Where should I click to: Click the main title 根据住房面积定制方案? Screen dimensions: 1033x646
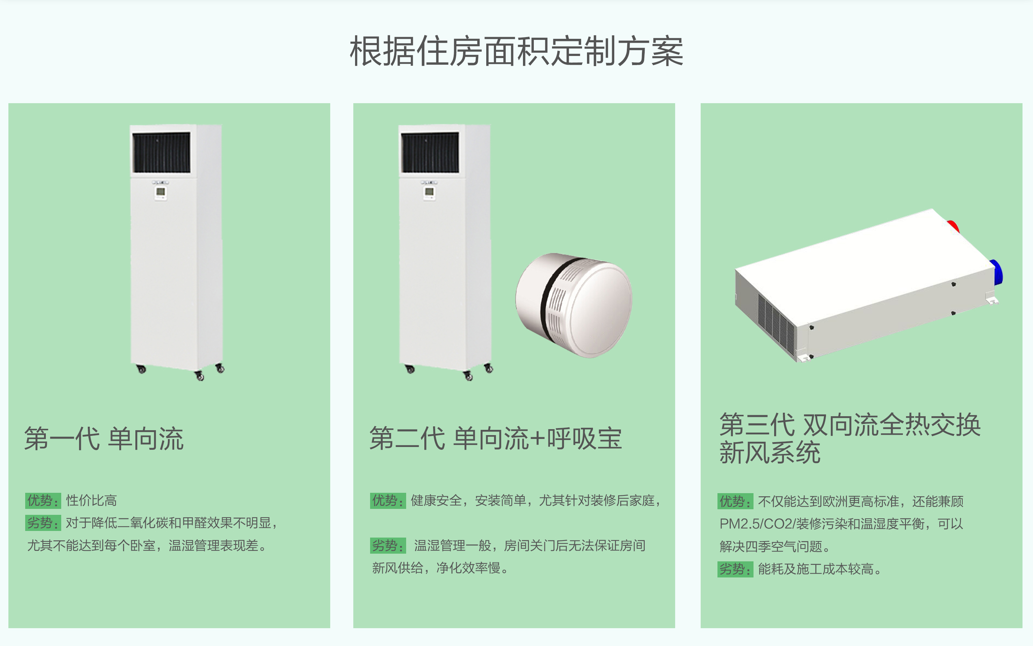tap(516, 51)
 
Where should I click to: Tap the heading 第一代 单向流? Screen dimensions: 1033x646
tap(104, 438)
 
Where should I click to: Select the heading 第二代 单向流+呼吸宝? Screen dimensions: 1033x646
tap(496, 438)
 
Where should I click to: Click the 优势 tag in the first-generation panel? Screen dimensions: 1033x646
tap(43, 500)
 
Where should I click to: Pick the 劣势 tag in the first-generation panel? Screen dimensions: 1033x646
tap(43, 523)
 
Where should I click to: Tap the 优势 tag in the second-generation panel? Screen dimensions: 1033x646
tap(388, 500)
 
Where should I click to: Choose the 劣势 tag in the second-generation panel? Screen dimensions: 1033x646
tap(388, 546)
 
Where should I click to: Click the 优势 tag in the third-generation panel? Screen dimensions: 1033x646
tap(735, 501)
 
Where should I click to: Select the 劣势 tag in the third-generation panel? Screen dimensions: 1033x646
tap(735, 569)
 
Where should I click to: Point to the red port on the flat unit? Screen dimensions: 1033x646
tap(954, 226)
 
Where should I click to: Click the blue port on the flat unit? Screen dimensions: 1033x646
tap(997, 272)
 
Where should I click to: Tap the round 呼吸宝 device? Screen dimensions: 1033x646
tap(574, 305)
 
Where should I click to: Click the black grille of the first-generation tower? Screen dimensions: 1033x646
tap(162, 152)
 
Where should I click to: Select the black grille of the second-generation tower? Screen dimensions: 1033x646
tap(430, 152)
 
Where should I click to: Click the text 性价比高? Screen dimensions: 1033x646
tap(91, 500)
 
